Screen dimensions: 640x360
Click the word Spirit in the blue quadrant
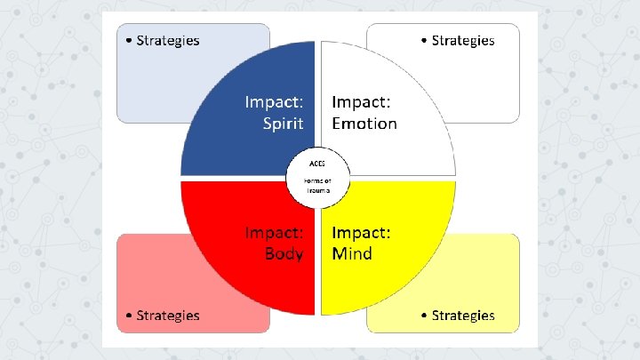click(x=284, y=124)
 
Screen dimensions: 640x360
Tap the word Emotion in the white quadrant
click(x=364, y=124)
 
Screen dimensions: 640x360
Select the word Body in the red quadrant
click(x=284, y=254)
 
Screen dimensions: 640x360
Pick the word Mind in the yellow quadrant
click(x=352, y=254)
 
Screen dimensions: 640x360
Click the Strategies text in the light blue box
click(x=168, y=40)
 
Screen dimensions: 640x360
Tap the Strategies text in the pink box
click(x=168, y=316)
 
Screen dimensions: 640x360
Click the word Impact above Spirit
click(x=275, y=101)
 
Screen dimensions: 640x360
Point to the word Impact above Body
click(x=275, y=233)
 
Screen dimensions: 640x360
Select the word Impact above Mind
click(x=361, y=233)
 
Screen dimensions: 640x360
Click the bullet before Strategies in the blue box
click(x=130, y=41)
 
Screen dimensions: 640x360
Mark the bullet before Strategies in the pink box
click(x=130, y=316)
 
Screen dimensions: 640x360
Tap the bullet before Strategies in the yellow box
click(x=424, y=316)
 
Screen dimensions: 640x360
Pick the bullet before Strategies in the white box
click(x=424, y=41)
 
